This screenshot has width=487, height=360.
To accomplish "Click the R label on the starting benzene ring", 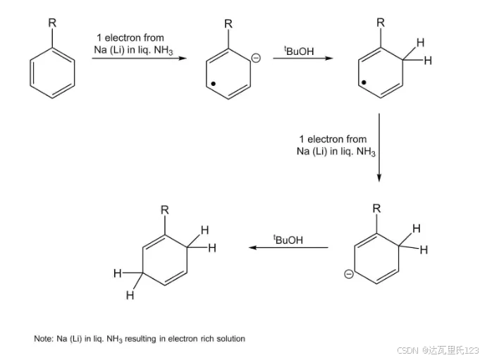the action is [52, 22].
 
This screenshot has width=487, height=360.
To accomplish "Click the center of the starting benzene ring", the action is [52, 76].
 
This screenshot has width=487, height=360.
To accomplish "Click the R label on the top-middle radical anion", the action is [228, 24].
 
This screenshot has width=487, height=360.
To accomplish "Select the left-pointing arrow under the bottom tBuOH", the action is [289, 247].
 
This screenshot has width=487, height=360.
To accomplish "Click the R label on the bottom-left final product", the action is [164, 209].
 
